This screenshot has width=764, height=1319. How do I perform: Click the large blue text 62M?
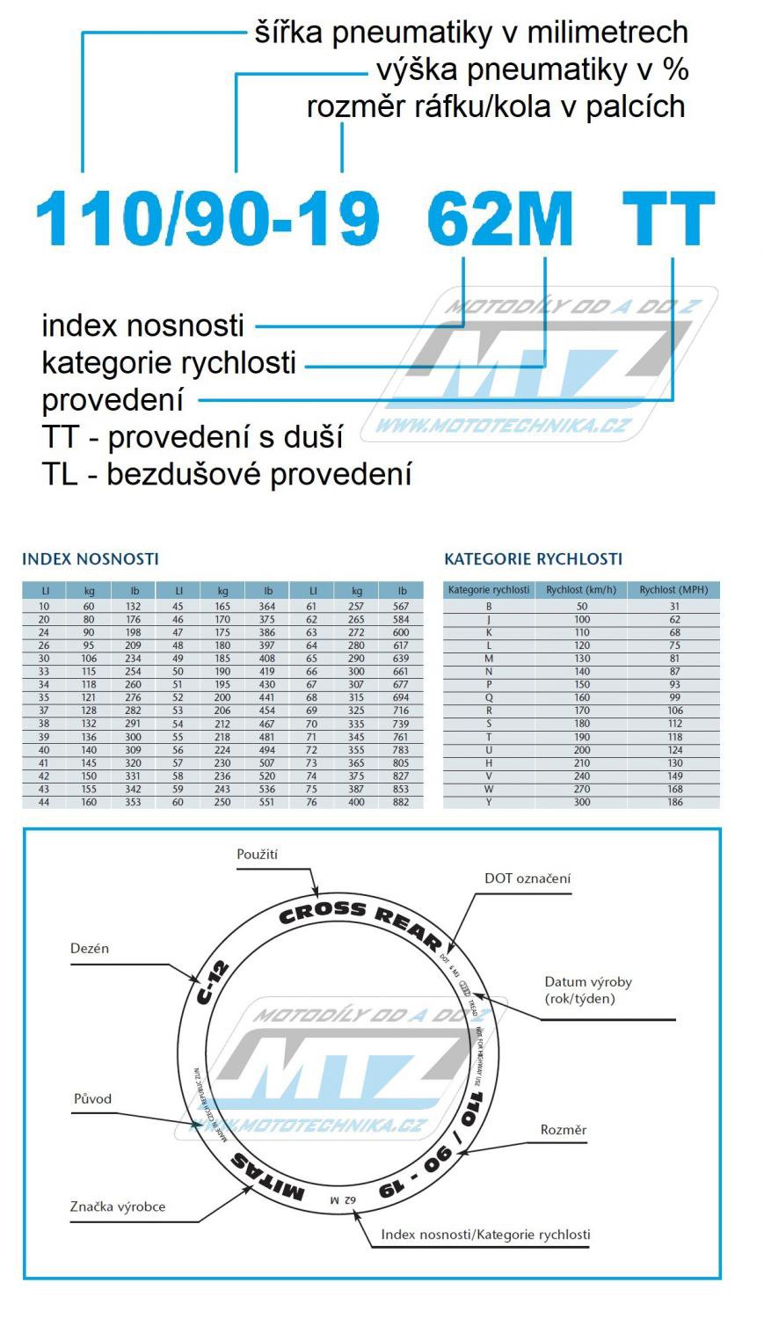point(499,219)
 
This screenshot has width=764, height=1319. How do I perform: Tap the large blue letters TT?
point(667,219)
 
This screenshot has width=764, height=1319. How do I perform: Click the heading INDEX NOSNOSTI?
point(90,559)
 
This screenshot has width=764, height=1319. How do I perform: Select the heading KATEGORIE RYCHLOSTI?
point(533,559)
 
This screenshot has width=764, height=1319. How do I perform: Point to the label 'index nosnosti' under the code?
point(142,325)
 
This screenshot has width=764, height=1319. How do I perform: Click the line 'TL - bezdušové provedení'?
point(227,475)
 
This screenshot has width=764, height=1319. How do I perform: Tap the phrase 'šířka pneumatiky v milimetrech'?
point(471,33)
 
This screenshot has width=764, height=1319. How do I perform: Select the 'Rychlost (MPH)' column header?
point(673,590)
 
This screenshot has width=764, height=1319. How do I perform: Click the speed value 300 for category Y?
point(581,802)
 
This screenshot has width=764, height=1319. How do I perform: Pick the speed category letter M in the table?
point(489,659)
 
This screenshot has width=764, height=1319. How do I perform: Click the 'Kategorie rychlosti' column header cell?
point(489,590)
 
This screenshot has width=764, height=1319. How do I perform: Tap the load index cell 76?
point(311,802)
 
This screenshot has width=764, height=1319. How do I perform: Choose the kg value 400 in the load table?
point(357,802)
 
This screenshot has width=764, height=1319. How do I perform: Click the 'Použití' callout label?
point(258,854)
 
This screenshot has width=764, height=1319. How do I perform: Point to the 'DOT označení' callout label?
point(528,878)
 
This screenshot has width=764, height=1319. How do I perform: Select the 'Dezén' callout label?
point(90,949)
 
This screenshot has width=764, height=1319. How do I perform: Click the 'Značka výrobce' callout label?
point(118,1206)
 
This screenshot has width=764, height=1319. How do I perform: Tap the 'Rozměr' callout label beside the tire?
point(564,1130)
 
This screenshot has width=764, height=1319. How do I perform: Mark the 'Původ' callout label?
point(92,1098)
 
